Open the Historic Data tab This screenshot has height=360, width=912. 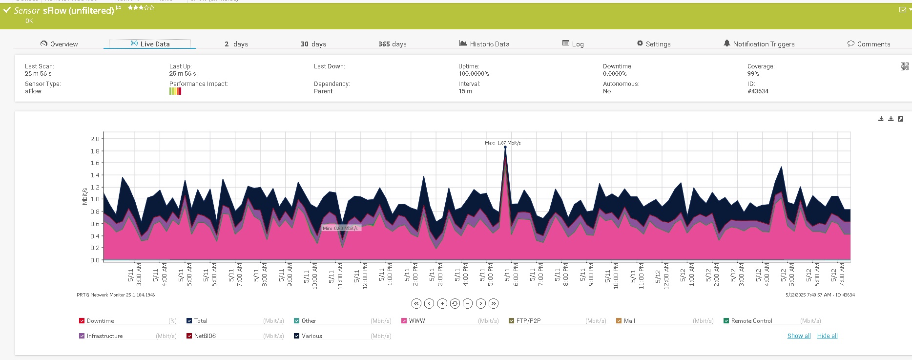(x=484, y=44)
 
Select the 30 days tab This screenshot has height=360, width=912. (x=313, y=44)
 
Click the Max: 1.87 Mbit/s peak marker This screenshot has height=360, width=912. (x=505, y=147)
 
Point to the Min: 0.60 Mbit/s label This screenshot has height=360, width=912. (x=340, y=228)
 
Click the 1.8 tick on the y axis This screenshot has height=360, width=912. (x=95, y=151)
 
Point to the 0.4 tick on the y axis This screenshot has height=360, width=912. (x=95, y=236)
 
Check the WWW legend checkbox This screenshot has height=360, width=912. (x=404, y=321)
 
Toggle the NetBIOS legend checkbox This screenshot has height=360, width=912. (x=189, y=336)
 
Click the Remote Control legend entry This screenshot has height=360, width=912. (x=751, y=321)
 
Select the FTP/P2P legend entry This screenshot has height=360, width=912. (x=528, y=321)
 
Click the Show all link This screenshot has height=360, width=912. (x=799, y=336)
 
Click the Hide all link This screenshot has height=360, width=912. (x=827, y=336)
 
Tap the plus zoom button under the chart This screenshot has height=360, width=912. (x=442, y=303)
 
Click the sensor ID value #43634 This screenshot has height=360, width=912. (x=758, y=91)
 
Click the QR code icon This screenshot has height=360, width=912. (x=904, y=66)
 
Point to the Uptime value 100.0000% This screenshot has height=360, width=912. (x=473, y=74)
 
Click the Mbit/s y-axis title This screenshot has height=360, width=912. (x=84, y=196)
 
